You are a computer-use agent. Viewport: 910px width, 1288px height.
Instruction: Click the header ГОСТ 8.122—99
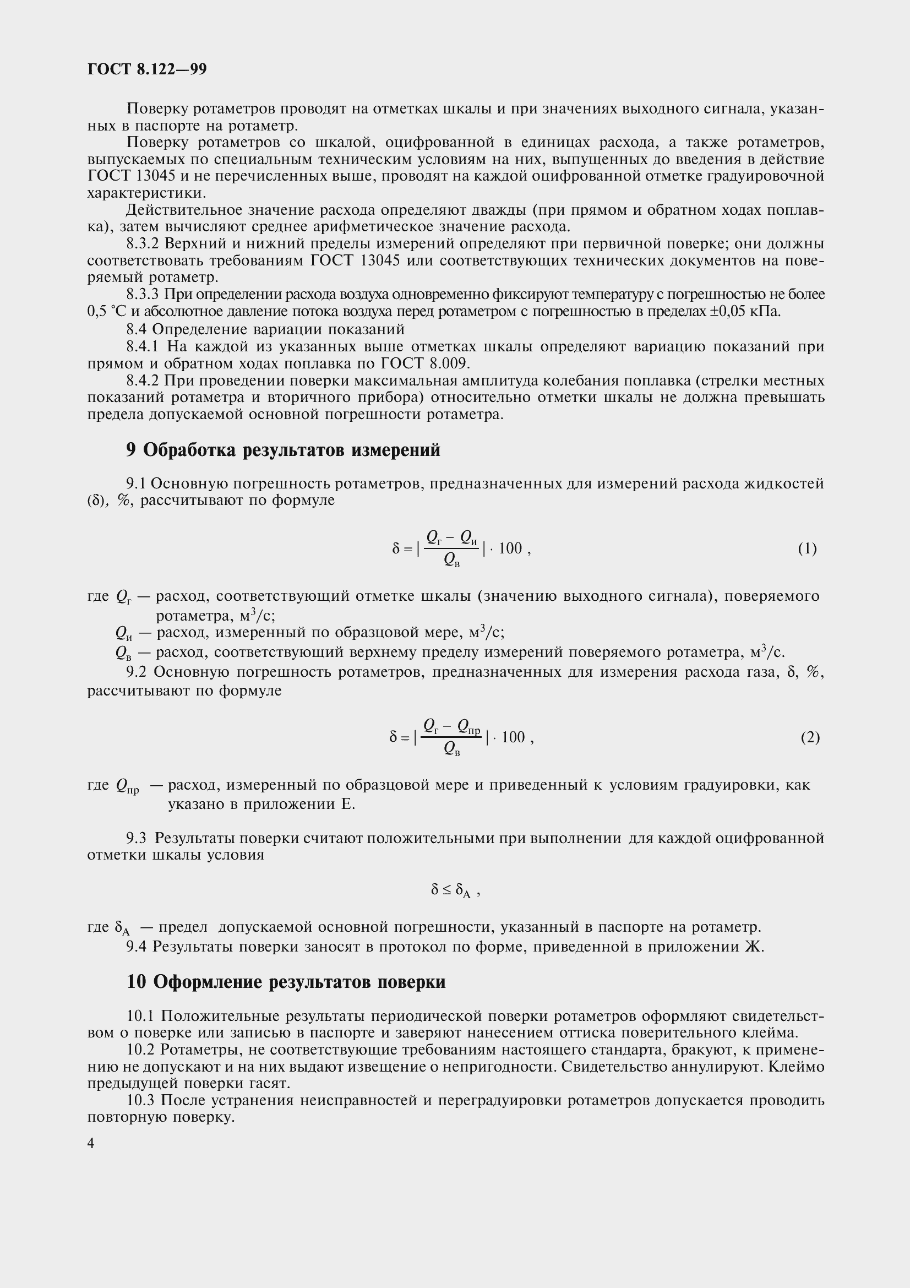[x=147, y=69]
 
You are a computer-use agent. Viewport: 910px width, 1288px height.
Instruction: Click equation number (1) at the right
[x=808, y=548]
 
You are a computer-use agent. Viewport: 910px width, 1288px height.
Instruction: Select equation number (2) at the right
[x=810, y=737]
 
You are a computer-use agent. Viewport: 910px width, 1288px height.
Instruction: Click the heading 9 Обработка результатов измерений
[x=283, y=450]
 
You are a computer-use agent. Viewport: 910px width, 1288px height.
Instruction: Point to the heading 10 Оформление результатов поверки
[x=286, y=982]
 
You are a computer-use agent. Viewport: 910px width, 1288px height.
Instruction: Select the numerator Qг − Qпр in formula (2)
[x=451, y=726]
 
